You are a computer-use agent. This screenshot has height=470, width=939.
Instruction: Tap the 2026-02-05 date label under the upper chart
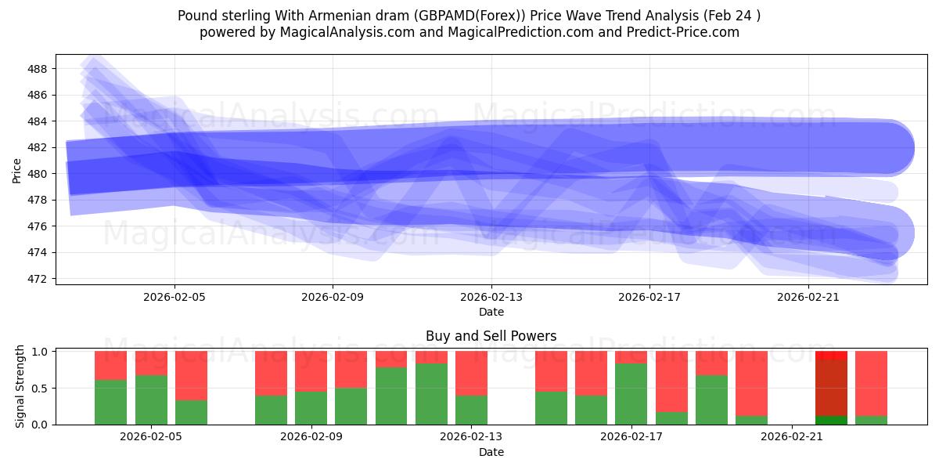tap(174, 297)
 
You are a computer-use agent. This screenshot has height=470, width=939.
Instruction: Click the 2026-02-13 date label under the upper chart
tap(491, 297)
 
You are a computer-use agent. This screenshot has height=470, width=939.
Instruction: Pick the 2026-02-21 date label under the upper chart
tap(808, 297)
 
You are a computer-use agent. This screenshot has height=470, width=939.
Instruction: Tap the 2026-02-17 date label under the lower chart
tap(631, 437)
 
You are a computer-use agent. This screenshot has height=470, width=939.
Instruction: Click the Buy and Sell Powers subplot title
tap(491, 336)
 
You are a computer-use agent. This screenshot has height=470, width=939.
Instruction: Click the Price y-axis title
tap(17, 170)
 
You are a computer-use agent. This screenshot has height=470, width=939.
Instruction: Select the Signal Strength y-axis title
tap(20, 386)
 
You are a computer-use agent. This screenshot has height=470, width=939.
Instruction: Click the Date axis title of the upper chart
tap(491, 312)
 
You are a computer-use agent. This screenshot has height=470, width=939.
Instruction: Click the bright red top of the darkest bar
tap(831, 356)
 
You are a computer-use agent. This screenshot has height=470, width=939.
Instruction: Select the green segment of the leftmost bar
tap(110, 402)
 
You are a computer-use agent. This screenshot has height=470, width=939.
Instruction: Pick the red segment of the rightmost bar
tap(871, 383)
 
